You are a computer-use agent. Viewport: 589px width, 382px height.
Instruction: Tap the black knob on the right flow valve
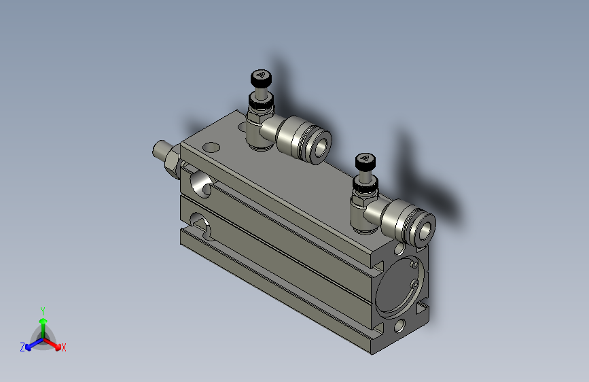tap(365, 162)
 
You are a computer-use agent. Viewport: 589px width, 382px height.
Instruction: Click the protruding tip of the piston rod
tap(160, 149)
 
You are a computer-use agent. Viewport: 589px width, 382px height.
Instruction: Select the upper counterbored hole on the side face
tap(201, 183)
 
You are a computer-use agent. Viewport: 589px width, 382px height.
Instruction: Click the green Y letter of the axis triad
tap(43, 309)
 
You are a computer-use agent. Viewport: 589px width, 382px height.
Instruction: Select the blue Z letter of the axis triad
tap(22, 347)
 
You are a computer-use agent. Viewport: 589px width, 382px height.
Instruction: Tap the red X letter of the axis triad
tap(64, 348)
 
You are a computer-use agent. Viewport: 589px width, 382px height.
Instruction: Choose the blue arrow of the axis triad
tap(31, 344)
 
